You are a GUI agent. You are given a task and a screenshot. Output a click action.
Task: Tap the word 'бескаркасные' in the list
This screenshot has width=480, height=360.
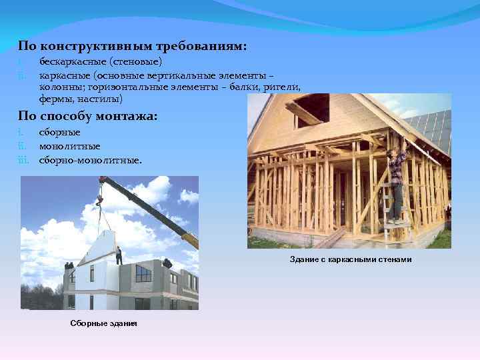67,62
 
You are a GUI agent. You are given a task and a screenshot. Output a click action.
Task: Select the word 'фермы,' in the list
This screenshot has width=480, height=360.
56,99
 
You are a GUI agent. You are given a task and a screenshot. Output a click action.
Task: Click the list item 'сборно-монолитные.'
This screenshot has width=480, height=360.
90,159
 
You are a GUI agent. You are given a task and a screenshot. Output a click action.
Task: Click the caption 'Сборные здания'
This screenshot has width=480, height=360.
103,323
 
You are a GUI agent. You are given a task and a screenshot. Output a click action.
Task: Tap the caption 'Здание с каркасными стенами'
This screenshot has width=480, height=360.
351,259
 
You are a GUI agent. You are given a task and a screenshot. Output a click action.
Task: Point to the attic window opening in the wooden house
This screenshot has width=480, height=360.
310,110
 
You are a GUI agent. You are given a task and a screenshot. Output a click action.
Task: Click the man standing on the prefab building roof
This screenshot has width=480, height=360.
119,255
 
